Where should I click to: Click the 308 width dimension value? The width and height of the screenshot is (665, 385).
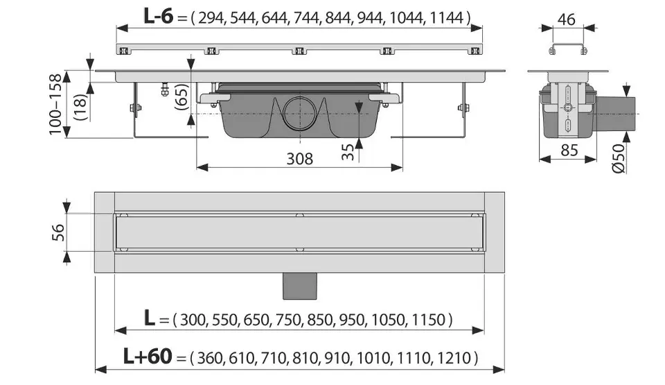299,158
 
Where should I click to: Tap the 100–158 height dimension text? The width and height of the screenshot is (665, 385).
55,105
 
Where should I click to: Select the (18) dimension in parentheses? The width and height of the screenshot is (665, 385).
80,107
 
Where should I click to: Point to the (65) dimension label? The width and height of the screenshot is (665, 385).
181,97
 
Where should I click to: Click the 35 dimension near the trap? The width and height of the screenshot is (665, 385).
347,152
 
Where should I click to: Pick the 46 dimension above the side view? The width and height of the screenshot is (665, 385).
566,19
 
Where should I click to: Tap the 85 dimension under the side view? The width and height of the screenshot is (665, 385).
569,151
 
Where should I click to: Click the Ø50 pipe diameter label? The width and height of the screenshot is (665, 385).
619,158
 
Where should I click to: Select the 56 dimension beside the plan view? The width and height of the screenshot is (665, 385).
58,232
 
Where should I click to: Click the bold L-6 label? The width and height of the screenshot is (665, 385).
158,17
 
